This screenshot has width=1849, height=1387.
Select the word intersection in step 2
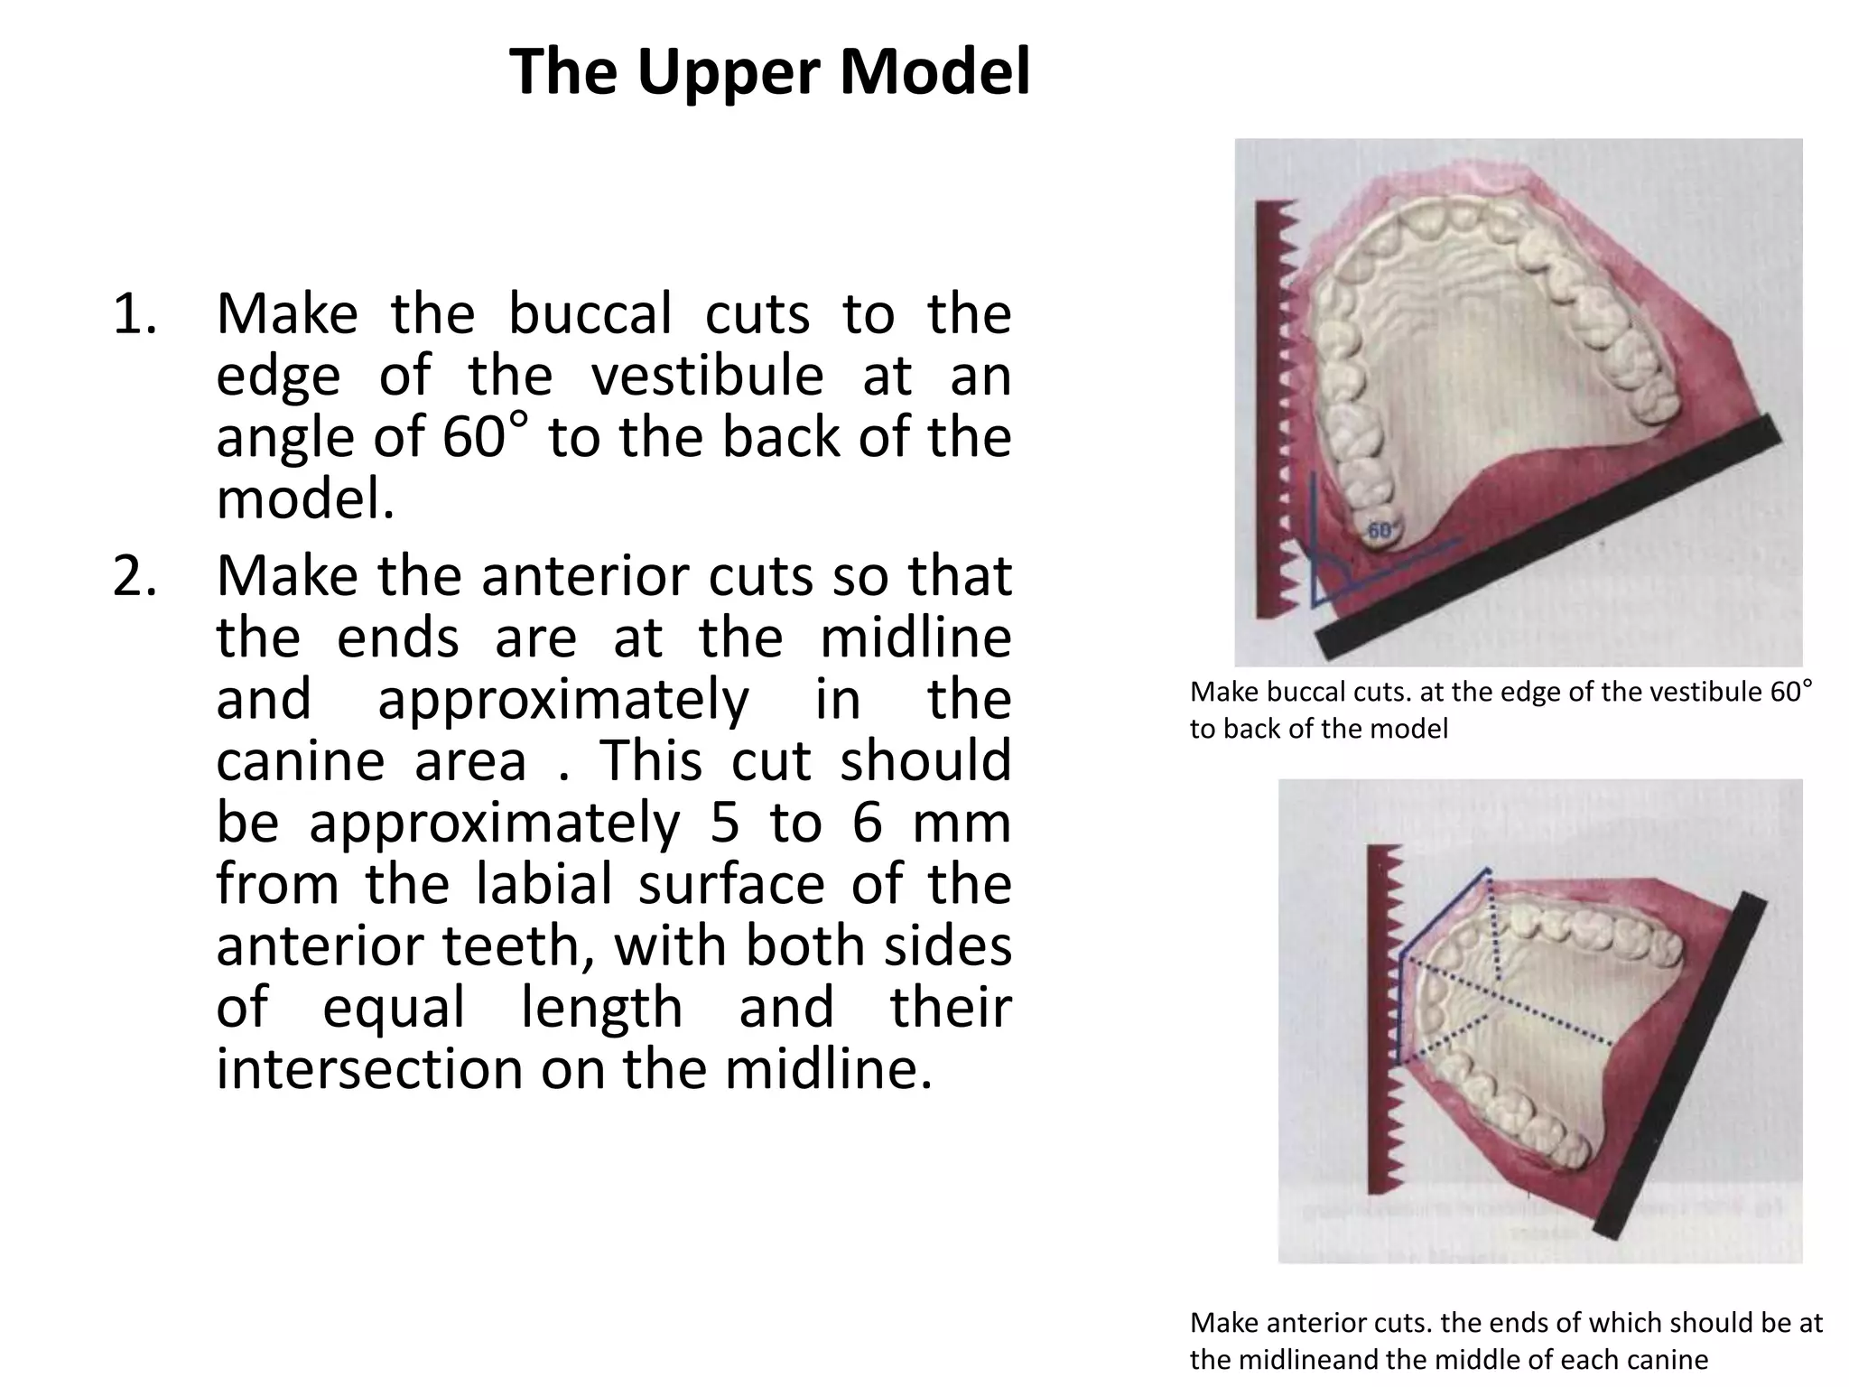click(367, 1068)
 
